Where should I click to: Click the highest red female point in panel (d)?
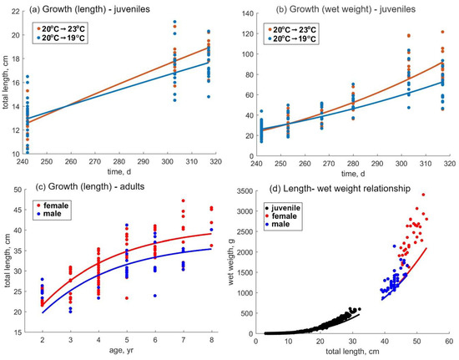click(x=423, y=217)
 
